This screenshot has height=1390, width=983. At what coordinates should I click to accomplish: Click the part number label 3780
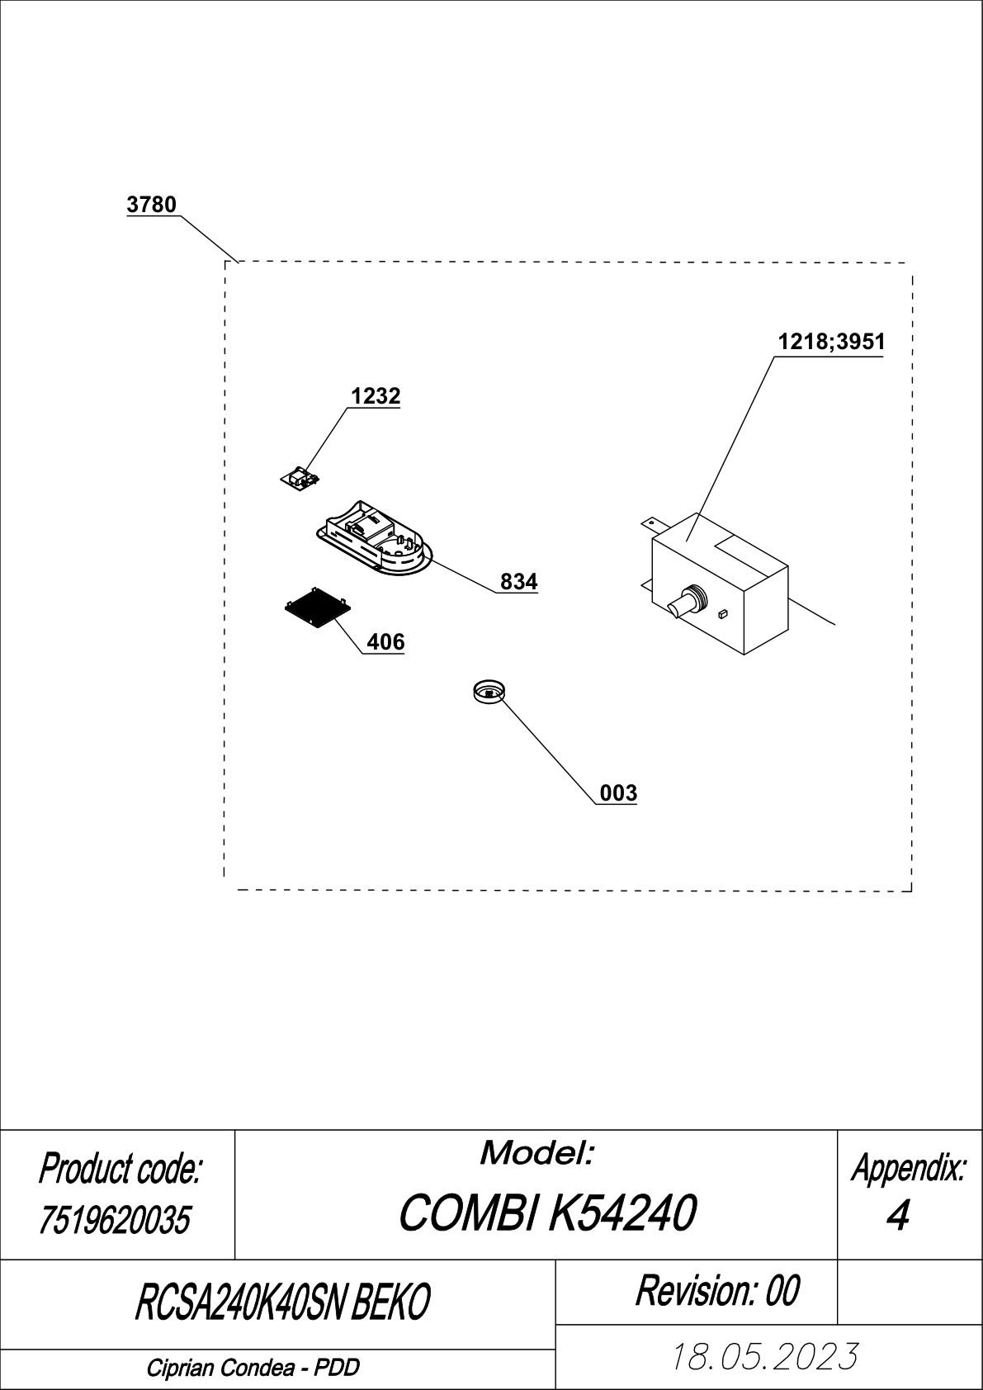[x=151, y=204]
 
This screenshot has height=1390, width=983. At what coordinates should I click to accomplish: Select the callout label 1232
[x=376, y=396]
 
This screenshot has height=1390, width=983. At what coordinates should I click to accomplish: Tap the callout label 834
[x=519, y=582]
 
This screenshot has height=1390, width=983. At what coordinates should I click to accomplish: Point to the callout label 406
[x=385, y=642]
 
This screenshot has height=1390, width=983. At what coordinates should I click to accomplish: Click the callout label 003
[x=619, y=793]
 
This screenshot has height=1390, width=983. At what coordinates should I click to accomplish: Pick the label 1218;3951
[x=832, y=342]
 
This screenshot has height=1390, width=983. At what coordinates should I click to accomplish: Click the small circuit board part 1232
[x=300, y=479]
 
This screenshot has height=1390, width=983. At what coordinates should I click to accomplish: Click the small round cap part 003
[x=489, y=692]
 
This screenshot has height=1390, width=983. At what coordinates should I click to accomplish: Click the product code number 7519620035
[x=114, y=1221]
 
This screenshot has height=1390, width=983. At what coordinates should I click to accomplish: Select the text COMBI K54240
[x=547, y=1213]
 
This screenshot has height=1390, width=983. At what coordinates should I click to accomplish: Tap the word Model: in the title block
[x=536, y=1154]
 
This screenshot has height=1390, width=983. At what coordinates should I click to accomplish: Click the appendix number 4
[x=897, y=1216]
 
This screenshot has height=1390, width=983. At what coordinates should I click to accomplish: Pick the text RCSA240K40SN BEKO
[x=282, y=1302]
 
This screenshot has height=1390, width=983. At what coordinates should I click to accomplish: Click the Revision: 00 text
[x=717, y=1291]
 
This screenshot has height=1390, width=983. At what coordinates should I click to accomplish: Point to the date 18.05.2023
[x=765, y=1356]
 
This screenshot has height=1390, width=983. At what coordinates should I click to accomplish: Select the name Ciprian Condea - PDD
[x=253, y=1368]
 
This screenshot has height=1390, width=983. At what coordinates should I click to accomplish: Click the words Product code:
[x=119, y=1169]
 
